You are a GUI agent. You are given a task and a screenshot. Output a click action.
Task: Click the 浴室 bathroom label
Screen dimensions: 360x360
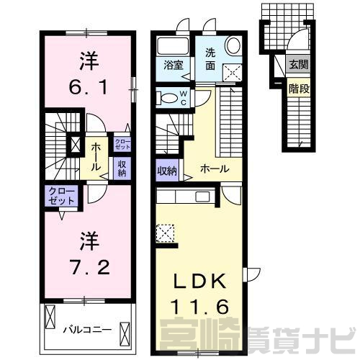tap(174, 65)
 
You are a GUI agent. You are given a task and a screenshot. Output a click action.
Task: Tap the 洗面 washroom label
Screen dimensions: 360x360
tap(210, 59)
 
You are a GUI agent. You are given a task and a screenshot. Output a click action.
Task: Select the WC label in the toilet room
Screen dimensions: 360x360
tap(184, 98)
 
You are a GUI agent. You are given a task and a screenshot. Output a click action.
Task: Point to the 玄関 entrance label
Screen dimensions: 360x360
tap(299, 64)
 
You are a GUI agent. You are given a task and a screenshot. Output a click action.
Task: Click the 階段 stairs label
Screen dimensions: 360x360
tap(299, 89)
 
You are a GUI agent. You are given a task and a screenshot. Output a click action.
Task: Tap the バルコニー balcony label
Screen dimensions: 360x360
tap(87, 330)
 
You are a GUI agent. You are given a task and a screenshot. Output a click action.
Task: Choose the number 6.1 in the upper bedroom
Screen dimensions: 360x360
tap(89, 87)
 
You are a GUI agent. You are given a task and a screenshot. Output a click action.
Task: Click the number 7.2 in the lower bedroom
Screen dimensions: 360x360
tap(90, 267)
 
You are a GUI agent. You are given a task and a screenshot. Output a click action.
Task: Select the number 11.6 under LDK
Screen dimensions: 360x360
tap(199, 307)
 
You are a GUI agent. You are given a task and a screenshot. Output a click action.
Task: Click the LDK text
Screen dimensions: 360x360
tap(199, 282)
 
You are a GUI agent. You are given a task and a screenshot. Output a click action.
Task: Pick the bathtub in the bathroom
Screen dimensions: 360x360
tap(173, 46)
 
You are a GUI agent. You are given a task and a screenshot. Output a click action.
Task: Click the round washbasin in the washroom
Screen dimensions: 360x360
tap(233, 45)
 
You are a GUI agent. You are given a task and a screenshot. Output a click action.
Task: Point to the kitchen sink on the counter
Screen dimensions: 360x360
tap(203, 197)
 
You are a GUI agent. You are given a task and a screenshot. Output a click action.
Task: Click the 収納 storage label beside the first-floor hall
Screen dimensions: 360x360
tap(167, 171)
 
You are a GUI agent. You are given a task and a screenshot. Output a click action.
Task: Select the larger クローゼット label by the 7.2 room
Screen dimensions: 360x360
tap(62, 196)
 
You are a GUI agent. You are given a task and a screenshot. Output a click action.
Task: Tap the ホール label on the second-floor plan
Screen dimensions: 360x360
tap(95, 156)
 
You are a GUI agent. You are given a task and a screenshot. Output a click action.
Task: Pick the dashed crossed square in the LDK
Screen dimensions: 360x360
tap(165, 233)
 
